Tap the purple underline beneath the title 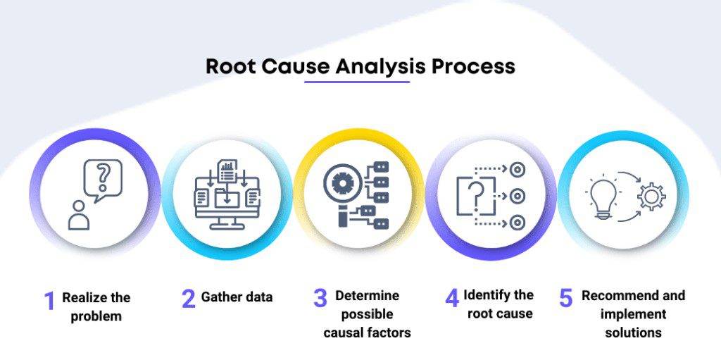click(x=357, y=82)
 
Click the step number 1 click(x=49, y=301)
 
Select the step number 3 click(x=320, y=297)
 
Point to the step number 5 click(x=565, y=297)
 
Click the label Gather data click(x=237, y=297)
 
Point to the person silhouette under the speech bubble click(x=79, y=216)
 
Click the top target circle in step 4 click(x=518, y=169)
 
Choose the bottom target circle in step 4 click(x=518, y=223)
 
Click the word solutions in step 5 click(x=633, y=332)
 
